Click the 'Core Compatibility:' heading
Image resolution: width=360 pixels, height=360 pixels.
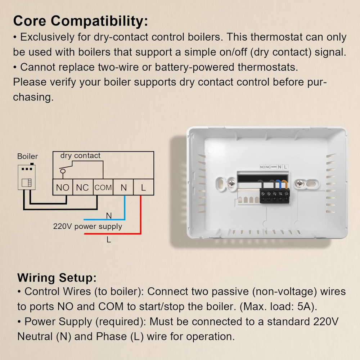point(81,21)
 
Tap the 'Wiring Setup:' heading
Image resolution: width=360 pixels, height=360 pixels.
point(57,278)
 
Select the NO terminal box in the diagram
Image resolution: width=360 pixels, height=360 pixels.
point(63,187)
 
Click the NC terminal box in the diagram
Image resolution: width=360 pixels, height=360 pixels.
point(83,187)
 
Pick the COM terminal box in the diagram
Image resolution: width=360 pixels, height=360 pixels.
point(103,187)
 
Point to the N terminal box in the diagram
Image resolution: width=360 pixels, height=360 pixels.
point(123,187)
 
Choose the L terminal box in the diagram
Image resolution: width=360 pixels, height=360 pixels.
point(144,187)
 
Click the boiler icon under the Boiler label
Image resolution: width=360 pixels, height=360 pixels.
point(27,177)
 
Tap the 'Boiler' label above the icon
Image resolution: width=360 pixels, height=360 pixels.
point(28,156)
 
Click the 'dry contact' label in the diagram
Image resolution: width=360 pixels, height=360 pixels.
point(80,156)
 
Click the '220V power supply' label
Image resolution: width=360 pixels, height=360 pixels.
point(87,226)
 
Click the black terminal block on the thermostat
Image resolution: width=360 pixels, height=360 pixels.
point(275,196)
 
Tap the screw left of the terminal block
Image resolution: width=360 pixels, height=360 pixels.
point(231,184)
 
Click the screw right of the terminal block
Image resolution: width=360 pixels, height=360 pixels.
point(300,184)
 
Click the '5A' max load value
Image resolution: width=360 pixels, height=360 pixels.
point(306,306)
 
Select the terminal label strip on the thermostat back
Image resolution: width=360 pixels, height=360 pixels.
point(274,167)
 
